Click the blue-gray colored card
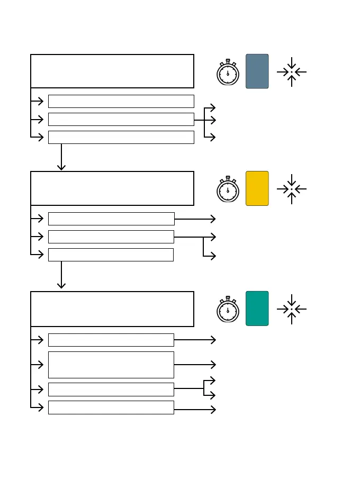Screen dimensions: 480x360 point(257,71)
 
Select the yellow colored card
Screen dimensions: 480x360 point(257,188)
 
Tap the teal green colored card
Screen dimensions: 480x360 point(257,308)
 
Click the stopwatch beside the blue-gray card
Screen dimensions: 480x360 point(228,73)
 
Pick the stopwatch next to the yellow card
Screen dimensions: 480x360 point(228,189)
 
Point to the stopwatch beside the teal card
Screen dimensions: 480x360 point(228,310)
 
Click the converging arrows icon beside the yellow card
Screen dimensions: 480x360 point(291,189)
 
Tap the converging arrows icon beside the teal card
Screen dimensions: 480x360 point(291,309)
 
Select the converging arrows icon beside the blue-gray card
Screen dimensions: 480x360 point(291,72)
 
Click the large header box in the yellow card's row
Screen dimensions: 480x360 point(112,188)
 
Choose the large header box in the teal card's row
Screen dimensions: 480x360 point(112,309)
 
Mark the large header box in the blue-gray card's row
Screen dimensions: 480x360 point(112,71)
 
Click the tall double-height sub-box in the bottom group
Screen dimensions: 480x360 point(111,365)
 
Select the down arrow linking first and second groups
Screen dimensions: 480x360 point(61,157)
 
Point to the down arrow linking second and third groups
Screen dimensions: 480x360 point(61,275)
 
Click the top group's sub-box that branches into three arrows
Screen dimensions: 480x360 point(121,119)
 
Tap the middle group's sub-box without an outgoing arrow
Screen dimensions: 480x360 point(111,255)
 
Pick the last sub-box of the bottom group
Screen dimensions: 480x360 point(111,407)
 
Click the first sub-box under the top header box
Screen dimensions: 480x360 point(121,101)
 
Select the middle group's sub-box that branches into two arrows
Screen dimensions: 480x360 point(111,237)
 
